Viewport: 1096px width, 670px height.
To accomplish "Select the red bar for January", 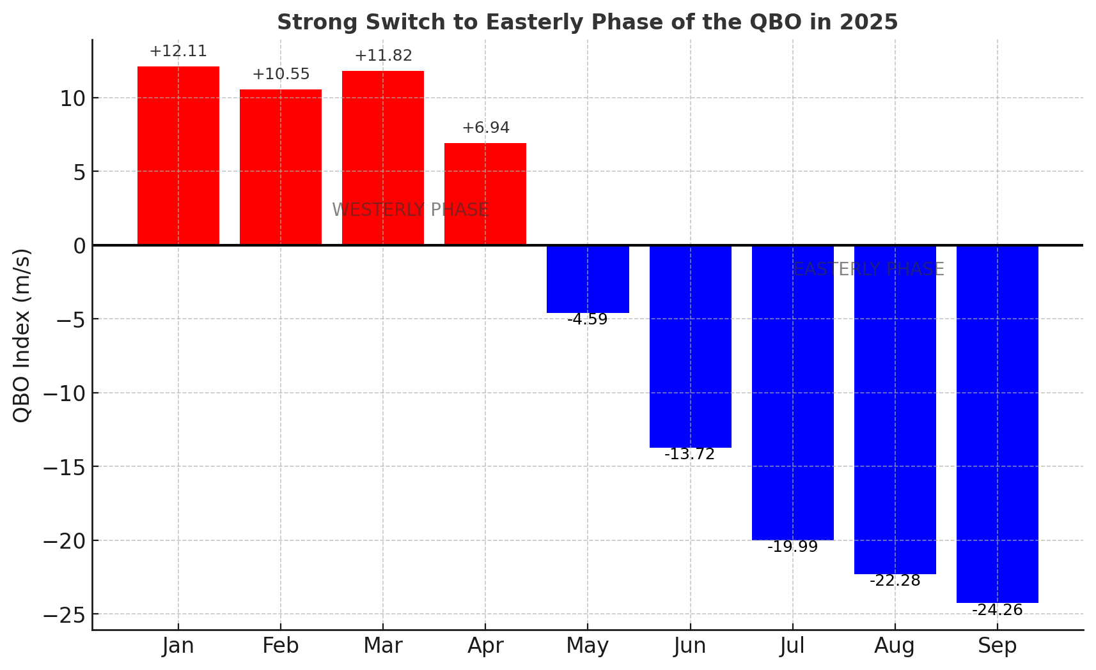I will click(x=178, y=155).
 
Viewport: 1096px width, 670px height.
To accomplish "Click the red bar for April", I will click(x=485, y=194).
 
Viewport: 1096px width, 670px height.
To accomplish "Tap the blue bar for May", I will click(x=588, y=279).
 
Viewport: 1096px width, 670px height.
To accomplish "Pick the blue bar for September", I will click(x=997, y=423).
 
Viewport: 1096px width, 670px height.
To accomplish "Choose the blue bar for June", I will click(x=690, y=346).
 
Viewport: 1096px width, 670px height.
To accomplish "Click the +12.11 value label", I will click(x=178, y=52).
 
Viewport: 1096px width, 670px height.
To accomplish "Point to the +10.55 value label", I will click(x=281, y=75).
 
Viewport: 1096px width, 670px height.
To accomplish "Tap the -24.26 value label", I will click(x=997, y=611).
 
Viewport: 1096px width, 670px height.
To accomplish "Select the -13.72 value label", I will click(x=690, y=455).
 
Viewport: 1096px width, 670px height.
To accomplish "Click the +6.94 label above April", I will click(x=485, y=128).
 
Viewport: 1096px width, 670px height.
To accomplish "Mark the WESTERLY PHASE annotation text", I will click(x=410, y=210).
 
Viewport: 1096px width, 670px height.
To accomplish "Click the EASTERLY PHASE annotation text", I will click(x=868, y=270).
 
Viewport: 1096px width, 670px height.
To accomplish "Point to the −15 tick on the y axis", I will click(x=63, y=467).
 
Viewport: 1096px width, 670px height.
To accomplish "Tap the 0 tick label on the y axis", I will click(x=79, y=246).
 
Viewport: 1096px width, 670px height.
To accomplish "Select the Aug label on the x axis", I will click(x=895, y=646).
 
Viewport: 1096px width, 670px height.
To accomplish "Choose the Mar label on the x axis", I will click(x=383, y=646).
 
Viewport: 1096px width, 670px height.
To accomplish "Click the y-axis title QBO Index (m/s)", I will click(x=22, y=335).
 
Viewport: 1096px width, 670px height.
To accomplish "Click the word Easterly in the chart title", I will click(x=528, y=22).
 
